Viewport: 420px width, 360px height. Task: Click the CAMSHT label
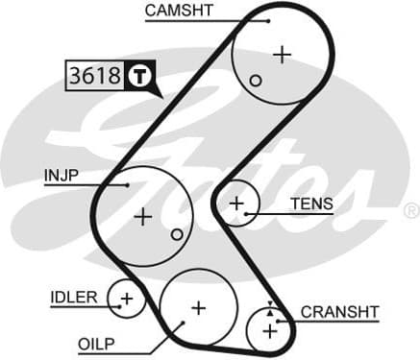tap(180, 11)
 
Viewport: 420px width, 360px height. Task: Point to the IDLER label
tap(73, 298)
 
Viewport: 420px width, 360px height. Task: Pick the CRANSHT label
tap(340, 311)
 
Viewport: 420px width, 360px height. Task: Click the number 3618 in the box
tap(94, 76)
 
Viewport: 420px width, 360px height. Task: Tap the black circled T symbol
tap(140, 76)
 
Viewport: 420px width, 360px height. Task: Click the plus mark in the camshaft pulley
tap(282, 54)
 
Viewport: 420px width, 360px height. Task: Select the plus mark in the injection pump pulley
tap(143, 216)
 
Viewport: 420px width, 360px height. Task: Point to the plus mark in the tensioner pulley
tap(236, 204)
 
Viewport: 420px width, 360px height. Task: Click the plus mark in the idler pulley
tap(126, 298)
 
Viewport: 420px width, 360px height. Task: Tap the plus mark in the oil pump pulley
tap(198, 308)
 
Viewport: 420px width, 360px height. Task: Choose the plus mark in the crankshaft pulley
tap(269, 331)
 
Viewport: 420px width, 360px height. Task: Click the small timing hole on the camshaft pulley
tap(256, 81)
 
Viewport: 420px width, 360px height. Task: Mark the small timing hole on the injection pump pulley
tap(176, 234)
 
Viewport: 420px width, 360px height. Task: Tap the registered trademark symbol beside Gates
tap(410, 210)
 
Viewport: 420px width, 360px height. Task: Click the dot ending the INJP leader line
tap(127, 184)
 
